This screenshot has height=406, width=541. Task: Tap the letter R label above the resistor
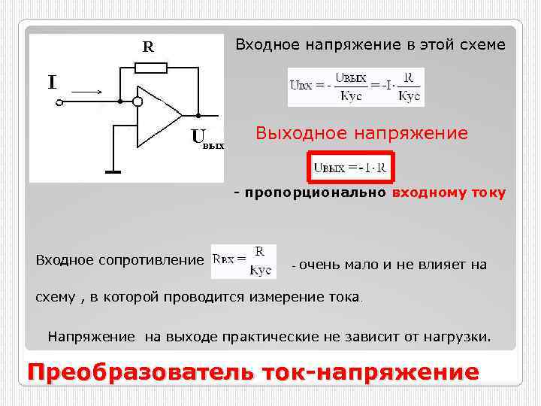pyautogui.click(x=149, y=47)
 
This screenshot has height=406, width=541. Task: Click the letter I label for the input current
pyautogui.click(x=52, y=82)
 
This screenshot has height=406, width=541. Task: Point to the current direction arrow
pyautogui.click(x=88, y=92)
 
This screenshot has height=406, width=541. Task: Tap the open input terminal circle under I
pyautogui.click(x=59, y=103)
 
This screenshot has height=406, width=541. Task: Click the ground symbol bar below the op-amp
pyautogui.click(x=113, y=173)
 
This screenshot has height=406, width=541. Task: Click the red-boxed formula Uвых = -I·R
pyautogui.click(x=349, y=168)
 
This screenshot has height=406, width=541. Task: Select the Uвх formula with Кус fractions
pyautogui.click(x=355, y=87)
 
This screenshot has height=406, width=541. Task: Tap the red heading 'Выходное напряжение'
pyautogui.click(x=361, y=134)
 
